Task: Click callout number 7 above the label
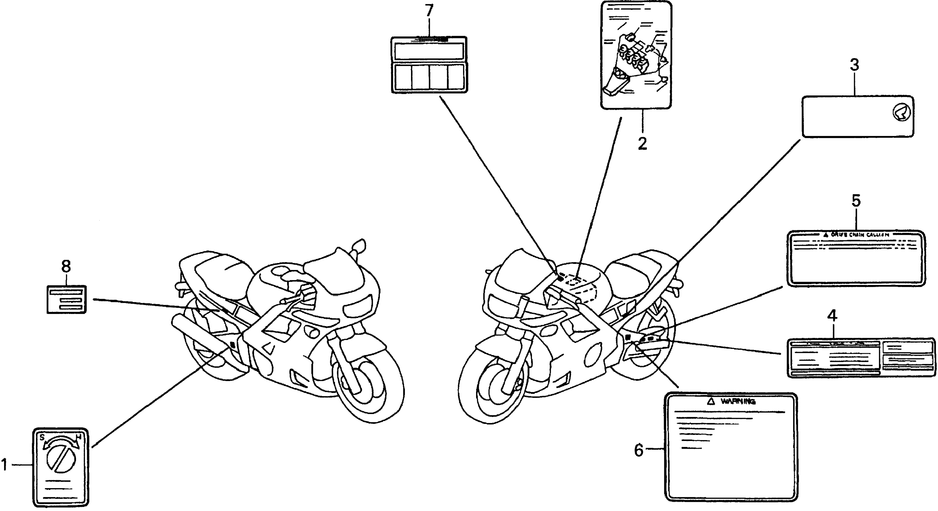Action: coord(429,11)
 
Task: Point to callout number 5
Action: coord(856,201)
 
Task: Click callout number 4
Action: coord(833,316)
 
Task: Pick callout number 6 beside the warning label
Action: coord(639,450)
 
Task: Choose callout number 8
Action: coord(66,267)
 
